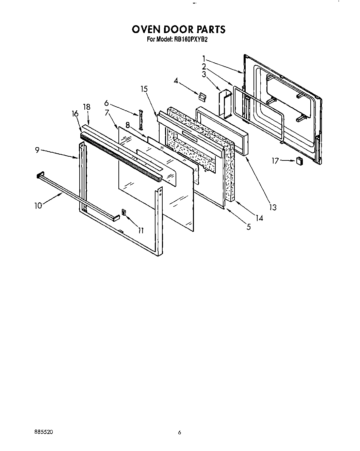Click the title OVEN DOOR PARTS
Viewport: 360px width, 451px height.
point(178,29)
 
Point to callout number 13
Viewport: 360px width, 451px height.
point(272,207)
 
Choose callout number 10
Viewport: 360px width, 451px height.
point(38,205)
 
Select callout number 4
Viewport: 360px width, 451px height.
point(176,81)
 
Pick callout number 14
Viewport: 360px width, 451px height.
point(259,218)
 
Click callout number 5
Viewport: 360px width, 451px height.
point(249,227)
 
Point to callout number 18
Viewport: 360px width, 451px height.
point(87,107)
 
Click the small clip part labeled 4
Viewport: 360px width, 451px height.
point(202,97)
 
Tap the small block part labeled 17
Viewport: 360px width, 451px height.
point(299,161)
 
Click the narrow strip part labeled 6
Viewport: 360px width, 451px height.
point(140,118)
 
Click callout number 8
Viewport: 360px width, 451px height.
point(128,125)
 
